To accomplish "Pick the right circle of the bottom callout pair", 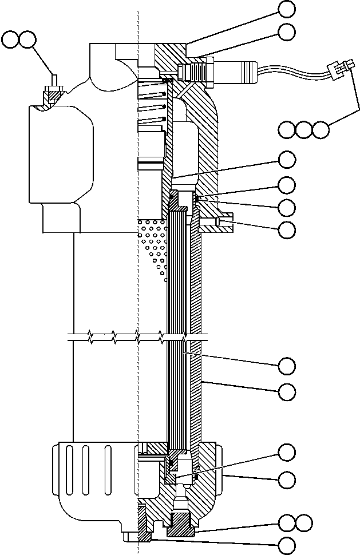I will point(304,522).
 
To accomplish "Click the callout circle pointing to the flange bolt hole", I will point(287,230).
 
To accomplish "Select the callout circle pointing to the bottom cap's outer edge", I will point(287,478).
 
